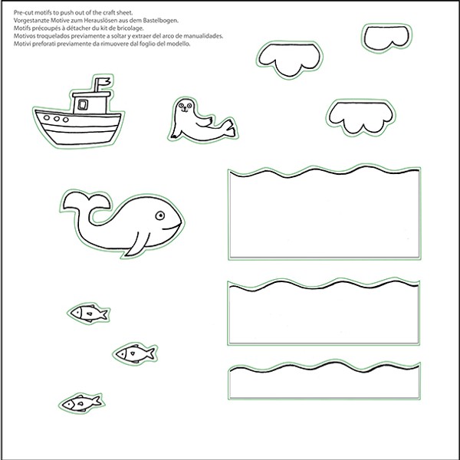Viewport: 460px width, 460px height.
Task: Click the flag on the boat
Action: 104,81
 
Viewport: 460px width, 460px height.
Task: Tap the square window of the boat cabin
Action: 83,104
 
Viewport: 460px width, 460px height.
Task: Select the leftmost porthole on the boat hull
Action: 47,117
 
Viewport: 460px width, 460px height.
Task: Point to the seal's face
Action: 185,106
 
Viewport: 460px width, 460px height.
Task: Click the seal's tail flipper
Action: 228,128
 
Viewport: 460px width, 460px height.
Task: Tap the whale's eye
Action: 160,215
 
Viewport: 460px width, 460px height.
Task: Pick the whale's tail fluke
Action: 87,201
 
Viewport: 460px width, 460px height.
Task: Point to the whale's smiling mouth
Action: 172,227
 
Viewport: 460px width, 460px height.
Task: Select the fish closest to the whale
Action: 89,313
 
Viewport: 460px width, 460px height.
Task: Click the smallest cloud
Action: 386,38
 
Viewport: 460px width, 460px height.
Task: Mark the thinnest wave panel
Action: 324,379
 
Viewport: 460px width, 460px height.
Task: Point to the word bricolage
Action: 132,28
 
